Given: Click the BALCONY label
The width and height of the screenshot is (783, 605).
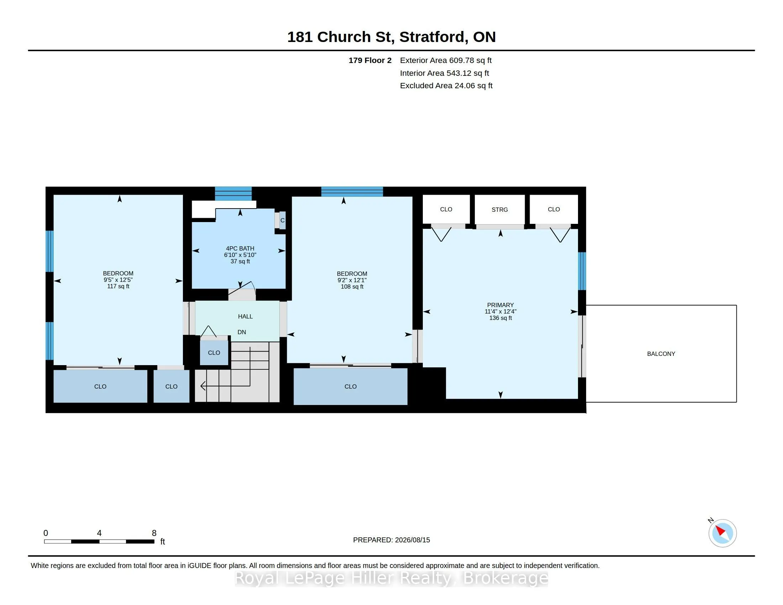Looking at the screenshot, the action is point(661,354).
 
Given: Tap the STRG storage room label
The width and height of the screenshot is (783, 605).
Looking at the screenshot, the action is point(499,210).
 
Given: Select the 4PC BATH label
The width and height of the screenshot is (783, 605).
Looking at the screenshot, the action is point(240,248).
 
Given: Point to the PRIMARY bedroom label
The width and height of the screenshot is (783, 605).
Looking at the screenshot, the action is point(500,305).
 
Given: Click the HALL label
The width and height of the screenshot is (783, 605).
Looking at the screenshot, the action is point(245,316).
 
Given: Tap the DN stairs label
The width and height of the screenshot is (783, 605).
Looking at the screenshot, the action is point(242,332).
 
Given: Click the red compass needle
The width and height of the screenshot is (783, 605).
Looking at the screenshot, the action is point(720,531).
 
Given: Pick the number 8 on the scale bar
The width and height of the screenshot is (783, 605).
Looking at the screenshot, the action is point(154,533).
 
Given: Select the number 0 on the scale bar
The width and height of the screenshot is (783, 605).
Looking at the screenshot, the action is point(46,533).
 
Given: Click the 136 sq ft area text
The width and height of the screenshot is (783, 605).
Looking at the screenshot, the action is point(500,318).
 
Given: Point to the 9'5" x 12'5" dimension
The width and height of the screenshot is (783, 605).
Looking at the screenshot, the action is point(118,280).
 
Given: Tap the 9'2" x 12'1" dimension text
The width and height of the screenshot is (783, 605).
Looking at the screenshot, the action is point(352,280).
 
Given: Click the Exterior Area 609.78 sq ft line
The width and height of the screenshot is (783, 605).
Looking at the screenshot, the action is point(446,60).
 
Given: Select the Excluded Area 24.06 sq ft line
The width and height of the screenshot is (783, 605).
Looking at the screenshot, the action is point(446,86).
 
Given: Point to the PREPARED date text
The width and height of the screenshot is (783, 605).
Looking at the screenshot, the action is point(391,540).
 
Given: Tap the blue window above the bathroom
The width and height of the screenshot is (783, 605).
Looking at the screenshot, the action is point(233,194).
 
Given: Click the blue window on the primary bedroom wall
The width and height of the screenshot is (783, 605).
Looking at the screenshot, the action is point(582,271).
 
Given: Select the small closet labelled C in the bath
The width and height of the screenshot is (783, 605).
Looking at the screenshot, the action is point(283,220).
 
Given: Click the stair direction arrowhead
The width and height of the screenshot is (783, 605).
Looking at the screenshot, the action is point(203,386).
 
